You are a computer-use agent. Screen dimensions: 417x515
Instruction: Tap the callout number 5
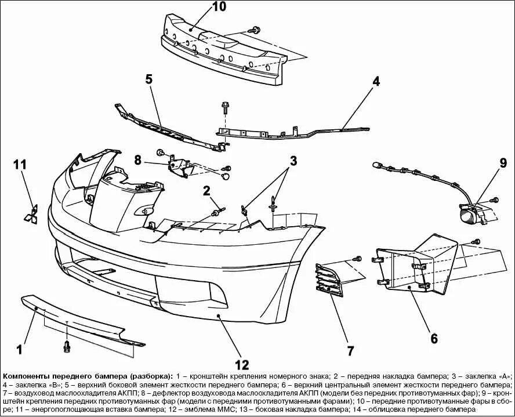149,79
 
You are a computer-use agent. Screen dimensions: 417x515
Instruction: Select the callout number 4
376,81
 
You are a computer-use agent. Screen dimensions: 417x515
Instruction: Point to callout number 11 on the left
20,165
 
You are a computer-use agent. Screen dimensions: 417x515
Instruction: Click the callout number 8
138,160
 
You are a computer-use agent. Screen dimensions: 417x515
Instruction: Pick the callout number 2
206,190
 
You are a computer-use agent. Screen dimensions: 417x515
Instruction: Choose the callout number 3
293,160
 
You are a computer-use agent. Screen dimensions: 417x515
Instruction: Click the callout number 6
433,338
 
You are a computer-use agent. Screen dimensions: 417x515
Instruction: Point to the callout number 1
19,349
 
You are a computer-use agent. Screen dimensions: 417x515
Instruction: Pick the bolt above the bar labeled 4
225,108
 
